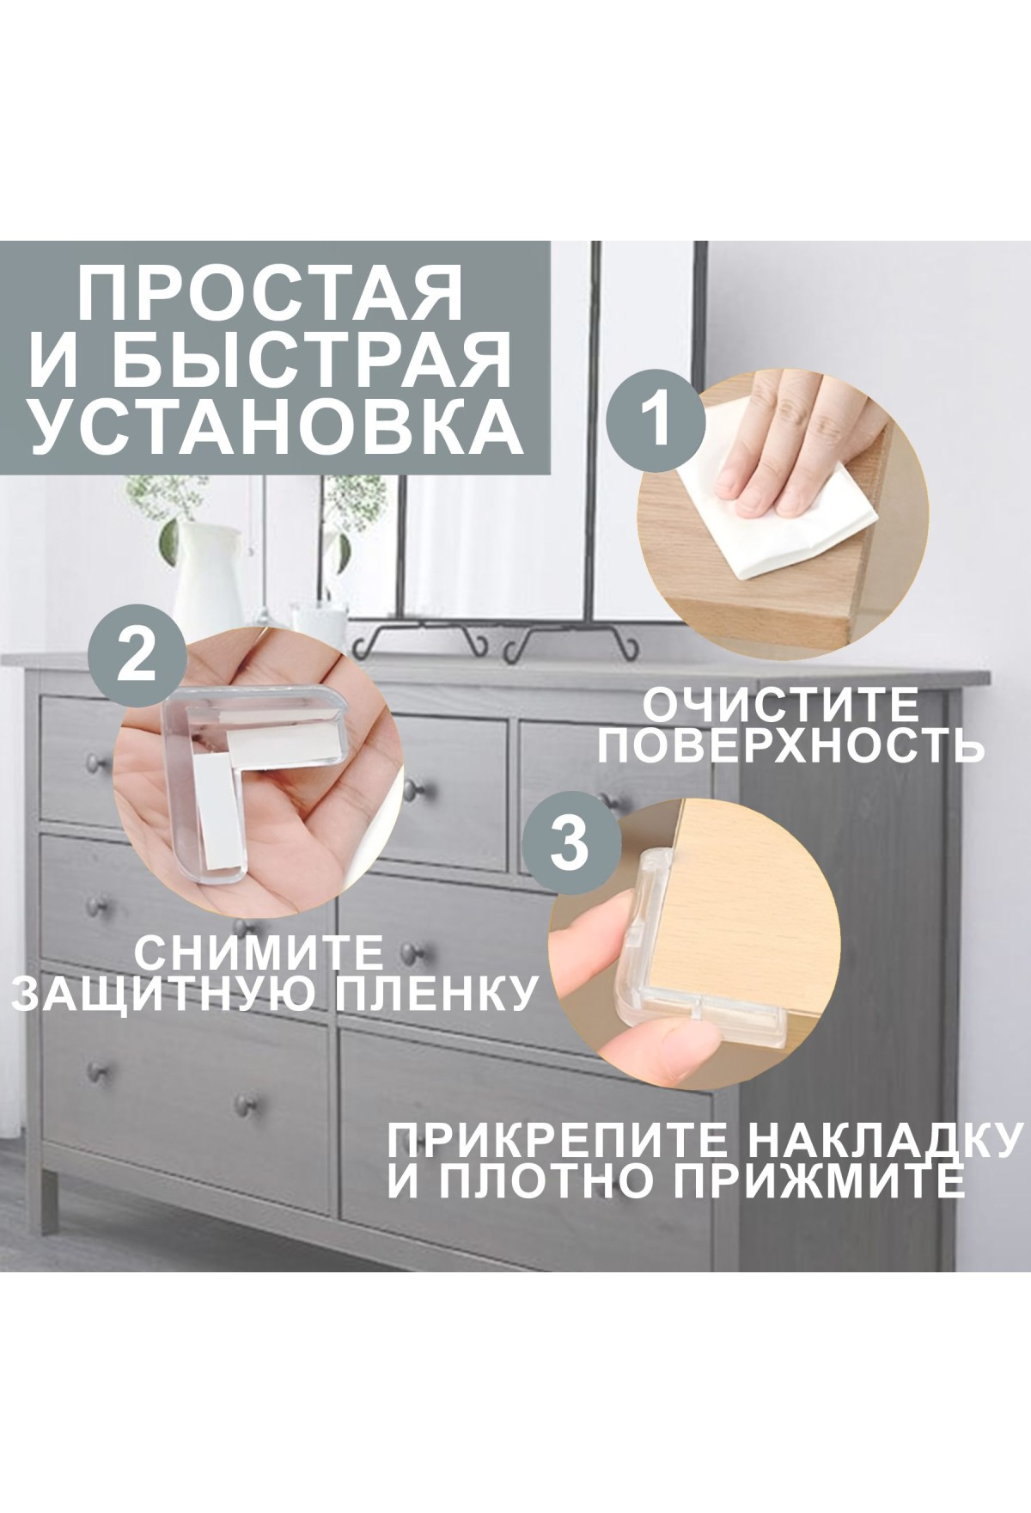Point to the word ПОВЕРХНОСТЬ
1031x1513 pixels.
point(791,745)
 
